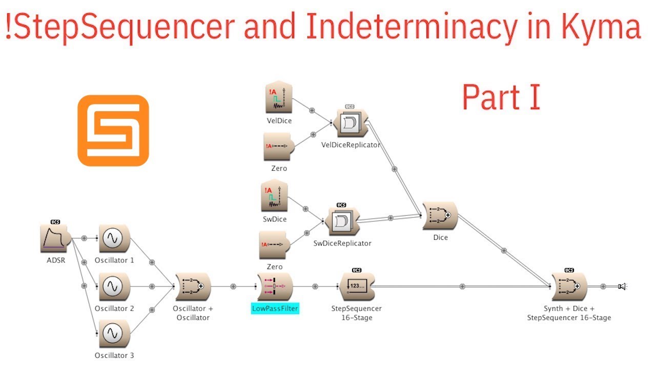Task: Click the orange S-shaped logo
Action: coord(113,131)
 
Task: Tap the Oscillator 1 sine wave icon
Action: coord(114,238)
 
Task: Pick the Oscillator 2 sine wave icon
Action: coord(114,286)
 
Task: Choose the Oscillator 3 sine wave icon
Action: coord(114,334)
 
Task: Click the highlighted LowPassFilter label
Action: coord(275,309)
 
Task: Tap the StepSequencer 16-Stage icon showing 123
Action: coord(357,286)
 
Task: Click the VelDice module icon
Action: coord(279,97)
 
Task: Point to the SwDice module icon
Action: coord(274,196)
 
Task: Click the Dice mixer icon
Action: coord(440,216)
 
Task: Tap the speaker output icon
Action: coord(622,286)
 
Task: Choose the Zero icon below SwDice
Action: coord(274,245)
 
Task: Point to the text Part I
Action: coord(501,97)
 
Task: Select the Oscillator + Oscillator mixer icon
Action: coord(193,286)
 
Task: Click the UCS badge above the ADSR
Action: coord(55,222)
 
